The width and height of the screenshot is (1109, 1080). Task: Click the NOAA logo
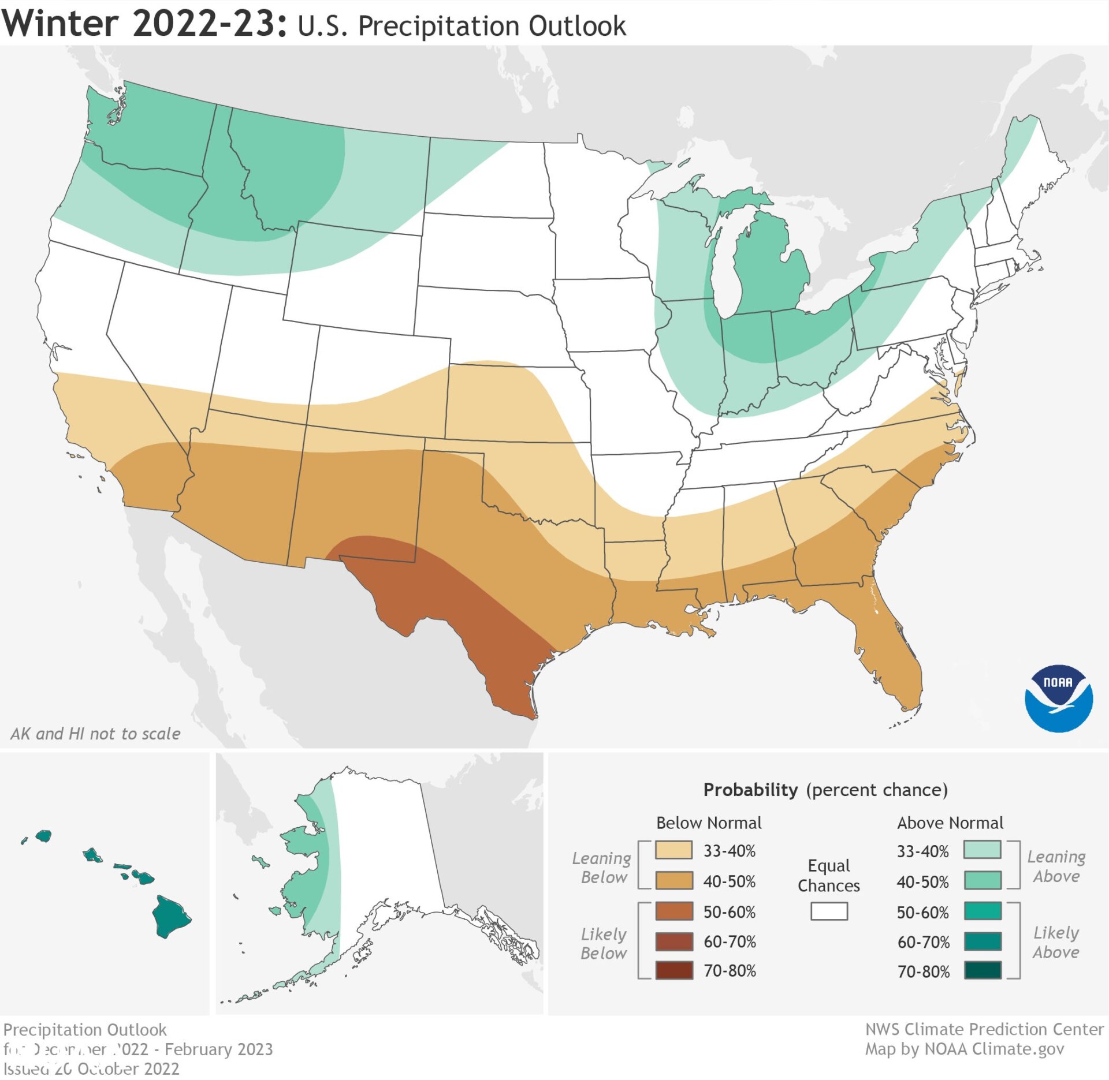click(1058, 698)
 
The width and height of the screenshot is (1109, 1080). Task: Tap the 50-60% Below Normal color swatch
click(674, 911)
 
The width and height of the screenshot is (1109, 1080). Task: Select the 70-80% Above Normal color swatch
click(982, 970)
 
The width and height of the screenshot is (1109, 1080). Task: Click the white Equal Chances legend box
click(829, 911)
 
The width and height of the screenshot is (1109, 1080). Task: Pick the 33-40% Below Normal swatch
click(674, 850)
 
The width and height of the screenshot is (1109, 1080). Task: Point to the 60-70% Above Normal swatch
click(982, 941)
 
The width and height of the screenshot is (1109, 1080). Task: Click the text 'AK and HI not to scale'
click(95, 734)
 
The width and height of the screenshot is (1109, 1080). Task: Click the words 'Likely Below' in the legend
click(604, 943)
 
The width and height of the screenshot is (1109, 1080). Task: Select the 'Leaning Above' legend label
click(1056, 866)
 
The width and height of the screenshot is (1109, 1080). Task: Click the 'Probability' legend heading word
click(750, 790)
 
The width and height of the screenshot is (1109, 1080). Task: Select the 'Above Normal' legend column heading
click(950, 823)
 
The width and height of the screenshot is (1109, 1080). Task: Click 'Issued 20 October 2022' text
click(91, 1068)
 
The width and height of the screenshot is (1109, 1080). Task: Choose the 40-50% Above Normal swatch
click(982, 881)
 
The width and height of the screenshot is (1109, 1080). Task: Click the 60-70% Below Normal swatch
click(674, 941)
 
